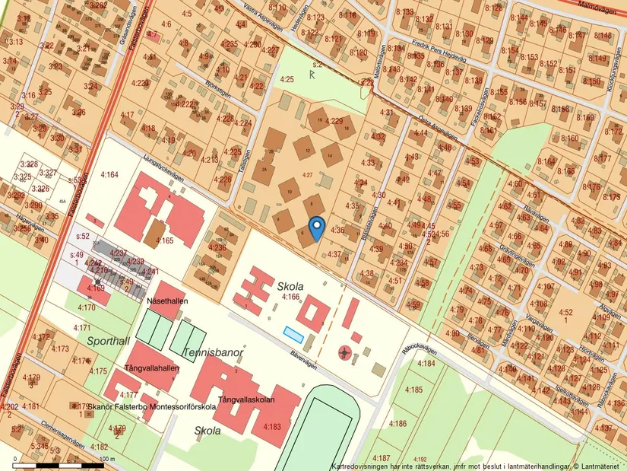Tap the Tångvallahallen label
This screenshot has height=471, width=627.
pos(153,368)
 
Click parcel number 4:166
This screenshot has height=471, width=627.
pos(292,296)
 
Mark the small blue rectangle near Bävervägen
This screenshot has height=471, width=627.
pos(293,333)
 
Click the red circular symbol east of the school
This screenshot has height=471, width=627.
pos(346,352)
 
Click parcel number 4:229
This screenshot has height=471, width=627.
pos(334,120)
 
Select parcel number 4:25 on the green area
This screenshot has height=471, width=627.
pos(287,79)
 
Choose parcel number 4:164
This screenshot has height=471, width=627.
pos(109,175)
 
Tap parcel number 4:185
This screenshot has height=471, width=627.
pos(413,390)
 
